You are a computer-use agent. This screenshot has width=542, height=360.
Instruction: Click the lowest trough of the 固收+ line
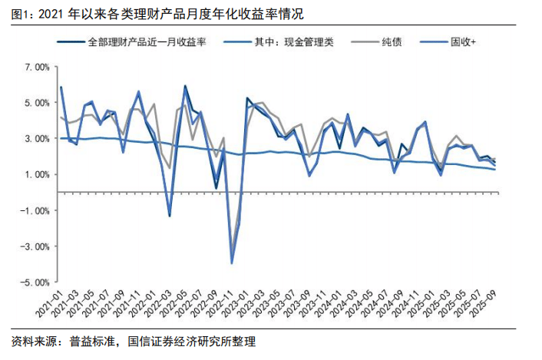click(x=232, y=263)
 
